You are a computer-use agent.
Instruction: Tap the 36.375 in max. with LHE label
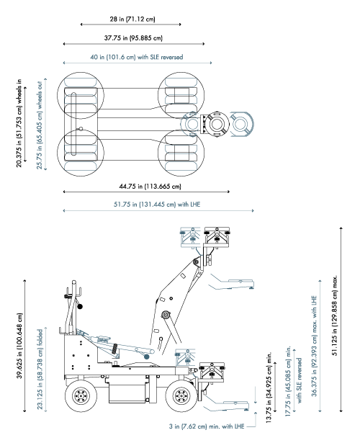click(x=313, y=366)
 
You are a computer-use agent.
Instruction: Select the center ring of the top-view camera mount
click(x=215, y=125)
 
